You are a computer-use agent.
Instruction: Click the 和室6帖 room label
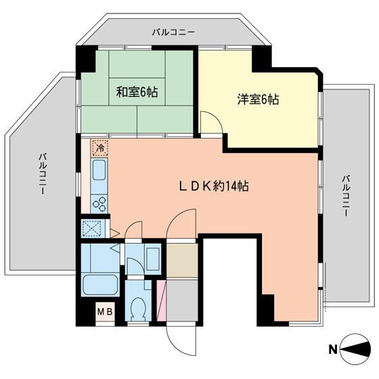(x=137, y=93)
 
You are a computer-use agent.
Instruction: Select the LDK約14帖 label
(x=213, y=185)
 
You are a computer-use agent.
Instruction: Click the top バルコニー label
(x=173, y=32)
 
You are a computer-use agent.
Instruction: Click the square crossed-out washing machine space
(x=91, y=229)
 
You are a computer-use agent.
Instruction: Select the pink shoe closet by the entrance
(x=161, y=298)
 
